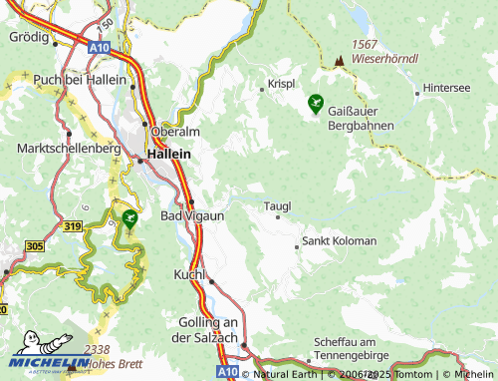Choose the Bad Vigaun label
[x=192, y=215]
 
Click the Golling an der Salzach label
[x=209, y=330]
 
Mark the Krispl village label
[x=281, y=85]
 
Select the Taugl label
[x=277, y=206]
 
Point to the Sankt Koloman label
[x=340, y=241]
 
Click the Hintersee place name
[x=447, y=88]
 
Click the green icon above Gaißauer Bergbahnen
[x=316, y=101]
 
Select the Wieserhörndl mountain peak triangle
[x=340, y=60]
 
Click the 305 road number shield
[x=34, y=245]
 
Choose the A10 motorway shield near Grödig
[x=98, y=47]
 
